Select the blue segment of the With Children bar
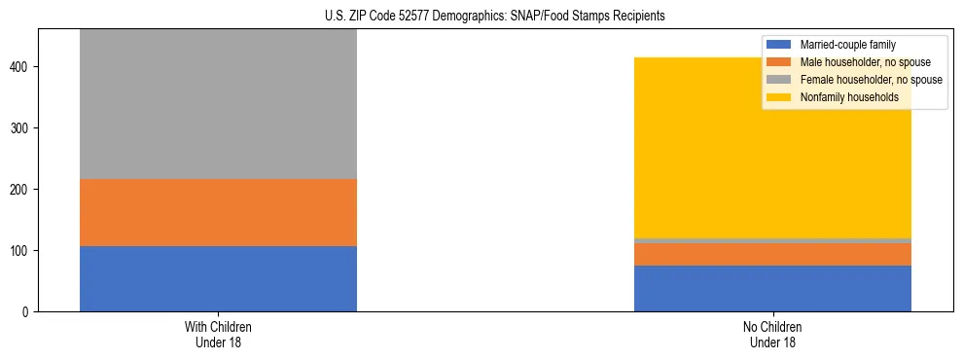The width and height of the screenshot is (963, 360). pos(218,278)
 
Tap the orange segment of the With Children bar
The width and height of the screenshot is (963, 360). pos(218,212)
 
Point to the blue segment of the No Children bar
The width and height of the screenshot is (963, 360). pos(772,289)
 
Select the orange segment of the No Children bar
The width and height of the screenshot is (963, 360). pos(772,254)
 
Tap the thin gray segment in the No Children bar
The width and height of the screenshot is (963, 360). pos(772,240)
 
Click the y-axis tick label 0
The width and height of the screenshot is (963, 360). pos(27,312)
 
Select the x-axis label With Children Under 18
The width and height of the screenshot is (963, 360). pos(218,335)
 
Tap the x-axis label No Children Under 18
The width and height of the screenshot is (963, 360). pos(772,335)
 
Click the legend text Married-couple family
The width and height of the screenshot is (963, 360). pos(847,45)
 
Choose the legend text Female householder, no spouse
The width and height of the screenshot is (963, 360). pos(865,80)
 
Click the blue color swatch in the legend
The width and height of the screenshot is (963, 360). pos(780,45)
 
